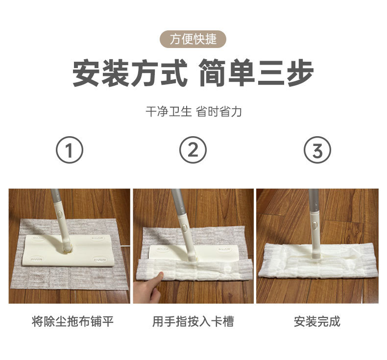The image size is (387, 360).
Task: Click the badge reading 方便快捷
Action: pos(193,39)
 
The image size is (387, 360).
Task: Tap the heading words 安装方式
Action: pos(130,72)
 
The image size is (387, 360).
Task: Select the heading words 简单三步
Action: pos(256,72)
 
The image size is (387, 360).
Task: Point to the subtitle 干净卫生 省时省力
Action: pos(193,112)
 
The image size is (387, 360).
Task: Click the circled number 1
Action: pos(70,150)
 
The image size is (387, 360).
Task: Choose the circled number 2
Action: pos(193,150)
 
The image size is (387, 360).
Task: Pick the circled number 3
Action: pos(317,150)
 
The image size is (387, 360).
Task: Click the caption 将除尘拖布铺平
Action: pos(73,321)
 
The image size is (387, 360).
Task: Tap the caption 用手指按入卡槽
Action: pos(193,321)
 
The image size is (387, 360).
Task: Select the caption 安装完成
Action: pos(317,321)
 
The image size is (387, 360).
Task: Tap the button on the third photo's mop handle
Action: pos(314,225)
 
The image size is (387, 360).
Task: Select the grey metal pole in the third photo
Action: pos(314,200)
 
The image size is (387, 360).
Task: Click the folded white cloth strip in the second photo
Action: pos(194,270)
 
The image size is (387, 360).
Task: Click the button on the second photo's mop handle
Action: pos(184,227)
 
